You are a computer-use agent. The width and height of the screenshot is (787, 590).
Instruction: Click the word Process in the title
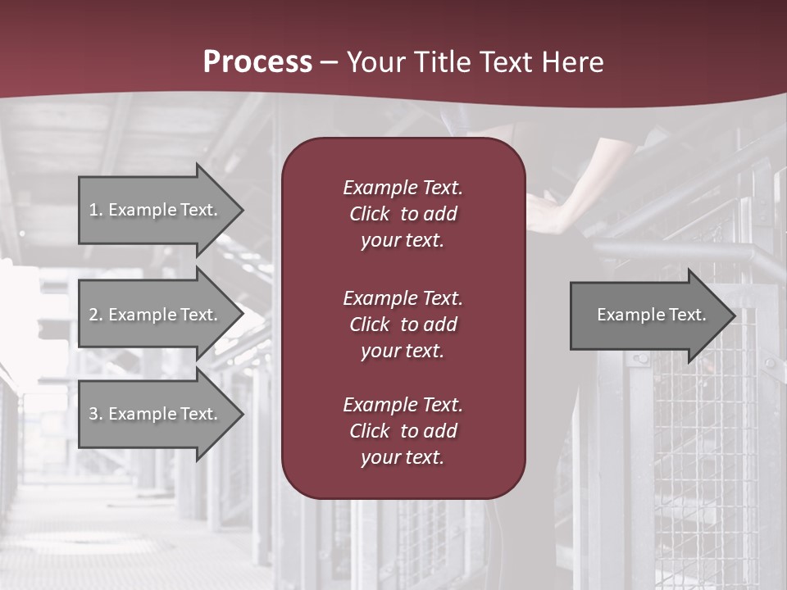click(x=257, y=62)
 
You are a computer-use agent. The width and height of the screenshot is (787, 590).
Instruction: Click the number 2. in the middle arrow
click(x=96, y=315)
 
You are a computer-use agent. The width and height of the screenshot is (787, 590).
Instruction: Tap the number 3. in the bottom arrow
click(x=96, y=414)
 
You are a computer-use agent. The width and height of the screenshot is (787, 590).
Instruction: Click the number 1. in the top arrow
click(x=96, y=210)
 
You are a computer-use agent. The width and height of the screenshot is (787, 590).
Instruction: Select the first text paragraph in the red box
click(x=403, y=214)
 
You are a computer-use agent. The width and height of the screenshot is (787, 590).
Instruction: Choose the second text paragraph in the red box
click(x=403, y=324)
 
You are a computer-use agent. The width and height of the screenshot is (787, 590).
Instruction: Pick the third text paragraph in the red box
click(x=403, y=431)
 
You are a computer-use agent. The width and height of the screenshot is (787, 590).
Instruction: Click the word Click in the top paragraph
click(x=370, y=214)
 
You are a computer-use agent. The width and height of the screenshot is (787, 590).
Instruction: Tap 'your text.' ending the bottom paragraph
click(x=403, y=458)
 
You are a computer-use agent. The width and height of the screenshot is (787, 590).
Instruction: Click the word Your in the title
click(x=375, y=62)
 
